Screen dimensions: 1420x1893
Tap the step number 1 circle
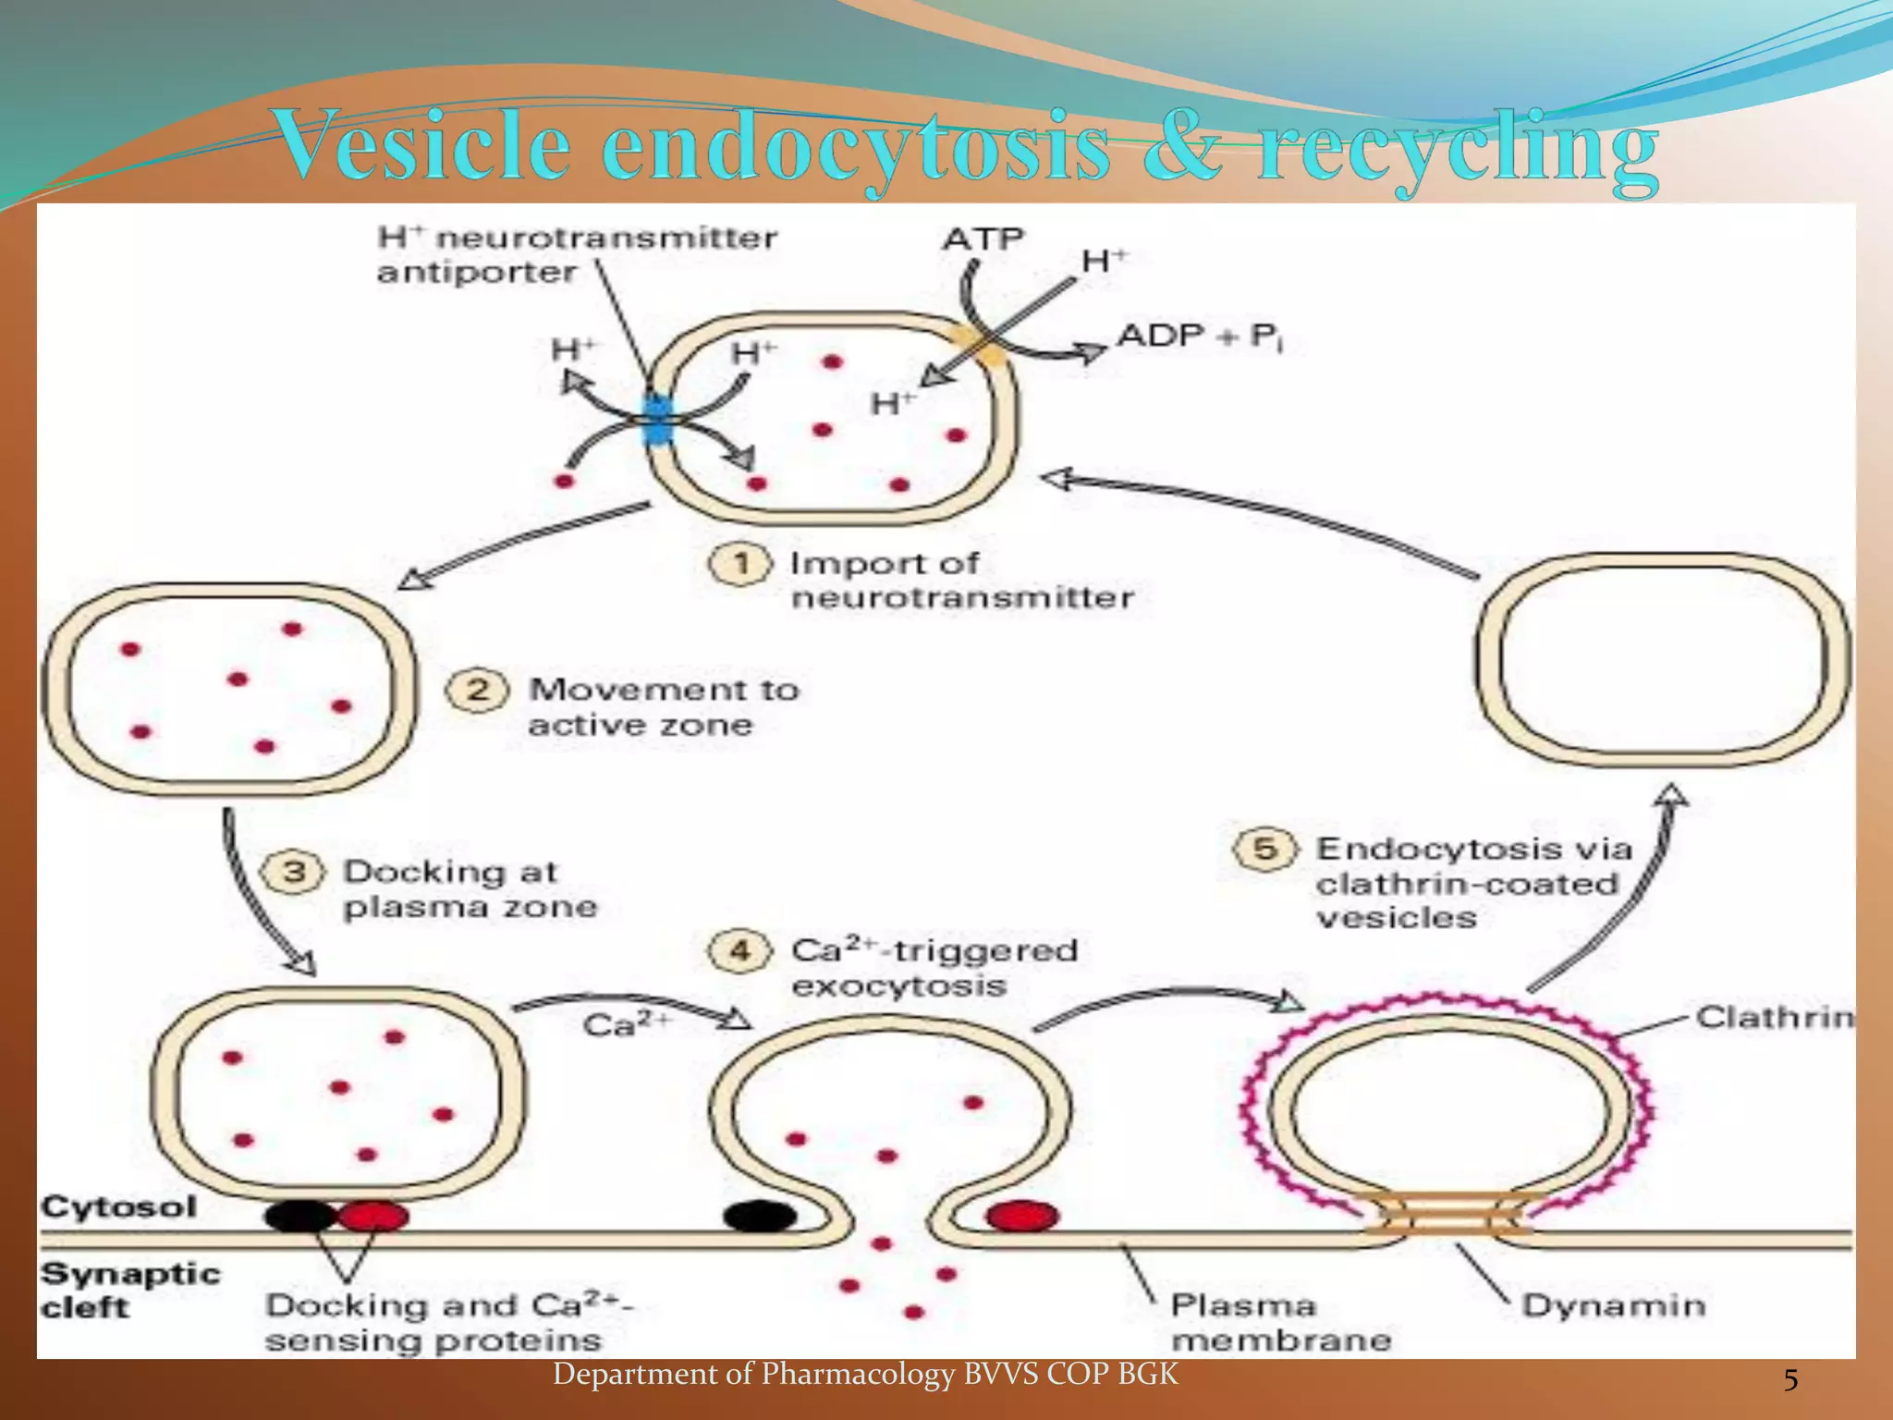[x=739, y=564]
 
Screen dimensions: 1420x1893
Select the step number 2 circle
[x=477, y=691]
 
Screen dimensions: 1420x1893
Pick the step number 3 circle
[x=293, y=872]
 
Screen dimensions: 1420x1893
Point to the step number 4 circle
[x=739, y=951]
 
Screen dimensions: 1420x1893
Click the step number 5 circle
[x=1265, y=849]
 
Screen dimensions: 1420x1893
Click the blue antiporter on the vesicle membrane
[x=657, y=421]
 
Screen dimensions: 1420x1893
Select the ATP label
[x=983, y=240]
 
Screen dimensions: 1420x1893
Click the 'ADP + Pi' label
[x=1200, y=337]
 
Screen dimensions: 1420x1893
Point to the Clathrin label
[x=1773, y=1018]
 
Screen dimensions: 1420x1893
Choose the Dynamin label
[x=1613, y=1305]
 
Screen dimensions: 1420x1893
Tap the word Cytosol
[x=119, y=1207]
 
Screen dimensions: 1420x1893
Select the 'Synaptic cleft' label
[x=129, y=1291]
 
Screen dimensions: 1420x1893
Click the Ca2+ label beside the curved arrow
[x=626, y=1024]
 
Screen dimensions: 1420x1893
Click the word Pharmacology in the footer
[x=857, y=1375]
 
